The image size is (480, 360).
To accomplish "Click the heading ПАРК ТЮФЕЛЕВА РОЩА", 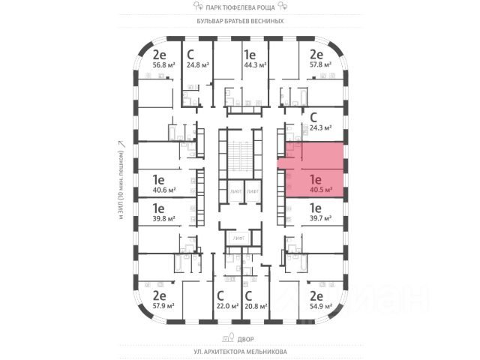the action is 240,6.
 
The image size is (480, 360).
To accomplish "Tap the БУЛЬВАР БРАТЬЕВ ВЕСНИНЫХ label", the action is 240,21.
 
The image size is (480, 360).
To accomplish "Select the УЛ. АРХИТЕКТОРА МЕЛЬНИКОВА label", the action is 240,351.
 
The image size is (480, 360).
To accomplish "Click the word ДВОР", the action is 240,337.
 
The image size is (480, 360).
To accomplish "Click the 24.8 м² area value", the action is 198,64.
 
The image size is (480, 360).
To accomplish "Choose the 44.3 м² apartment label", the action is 250,64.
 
